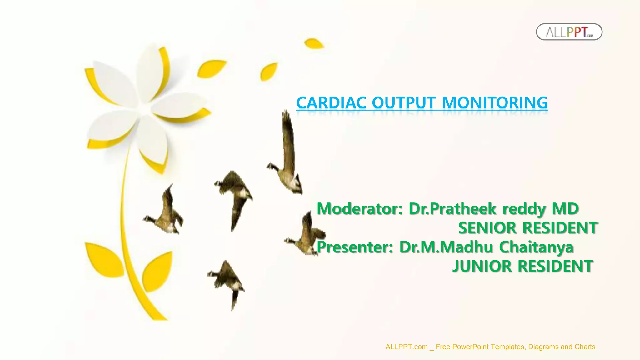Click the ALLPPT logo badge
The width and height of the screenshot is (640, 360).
(x=569, y=32)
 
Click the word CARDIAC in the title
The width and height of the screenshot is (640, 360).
(x=331, y=103)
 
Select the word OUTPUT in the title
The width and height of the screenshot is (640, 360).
(x=403, y=103)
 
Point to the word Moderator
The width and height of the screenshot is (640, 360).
(x=360, y=209)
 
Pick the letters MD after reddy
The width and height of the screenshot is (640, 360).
(x=565, y=209)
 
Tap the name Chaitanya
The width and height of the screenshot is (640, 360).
(x=536, y=247)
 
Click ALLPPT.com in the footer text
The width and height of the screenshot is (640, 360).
(x=406, y=347)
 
